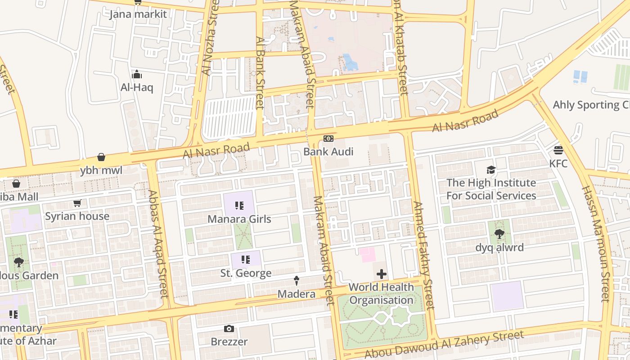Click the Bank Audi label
pyautogui.click(x=328, y=152)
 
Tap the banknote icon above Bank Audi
pyautogui.click(x=328, y=139)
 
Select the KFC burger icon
pyautogui.click(x=558, y=150)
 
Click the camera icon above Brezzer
pyautogui.click(x=229, y=329)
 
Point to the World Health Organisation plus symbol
pyautogui.click(x=381, y=274)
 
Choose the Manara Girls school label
pyautogui.click(x=239, y=219)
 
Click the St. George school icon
pyautogui.click(x=246, y=260)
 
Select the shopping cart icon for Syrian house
pyautogui.click(x=77, y=203)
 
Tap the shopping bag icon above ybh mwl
pyautogui.click(x=101, y=157)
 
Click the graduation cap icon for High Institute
pyautogui.click(x=491, y=170)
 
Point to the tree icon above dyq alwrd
pyautogui.click(x=499, y=234)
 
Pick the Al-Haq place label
pyautogui.click(x=137, y=87)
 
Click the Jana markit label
pyautogui.click(x=138, y=14)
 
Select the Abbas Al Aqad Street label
pyautogui.click(x=158, y=243)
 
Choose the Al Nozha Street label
pyautogui.click(x=210, y=38)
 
